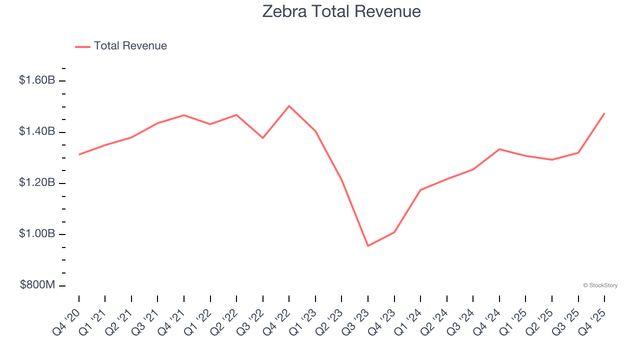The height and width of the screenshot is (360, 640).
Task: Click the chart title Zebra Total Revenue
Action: [x=341, y=11]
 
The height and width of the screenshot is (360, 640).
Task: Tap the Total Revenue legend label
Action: [x=130, y=46]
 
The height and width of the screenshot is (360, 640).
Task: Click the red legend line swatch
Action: [x=82, y=46]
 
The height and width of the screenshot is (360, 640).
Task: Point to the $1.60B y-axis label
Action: [x=37, y=80]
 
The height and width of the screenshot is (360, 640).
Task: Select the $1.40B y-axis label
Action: [x=37, y=131]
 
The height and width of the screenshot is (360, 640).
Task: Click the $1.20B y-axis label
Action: [x=37, y=182]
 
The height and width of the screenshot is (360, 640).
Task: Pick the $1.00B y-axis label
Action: [x=37, y=234]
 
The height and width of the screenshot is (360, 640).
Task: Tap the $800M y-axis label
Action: [x=37, y=285]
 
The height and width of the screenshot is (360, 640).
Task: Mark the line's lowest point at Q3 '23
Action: [x=368, y=246]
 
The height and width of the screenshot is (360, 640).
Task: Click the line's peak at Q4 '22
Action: [x=289, y=106]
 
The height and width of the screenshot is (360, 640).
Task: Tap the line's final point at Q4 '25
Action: [x=604, y=113]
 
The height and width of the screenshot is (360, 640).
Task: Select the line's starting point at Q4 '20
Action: [x=79, y=154]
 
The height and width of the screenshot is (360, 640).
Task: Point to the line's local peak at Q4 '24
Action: [x=499, y=149]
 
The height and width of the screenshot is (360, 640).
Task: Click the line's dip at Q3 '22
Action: [x=263, y=138]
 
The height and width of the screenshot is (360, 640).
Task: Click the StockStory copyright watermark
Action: [x=600, y=285]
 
